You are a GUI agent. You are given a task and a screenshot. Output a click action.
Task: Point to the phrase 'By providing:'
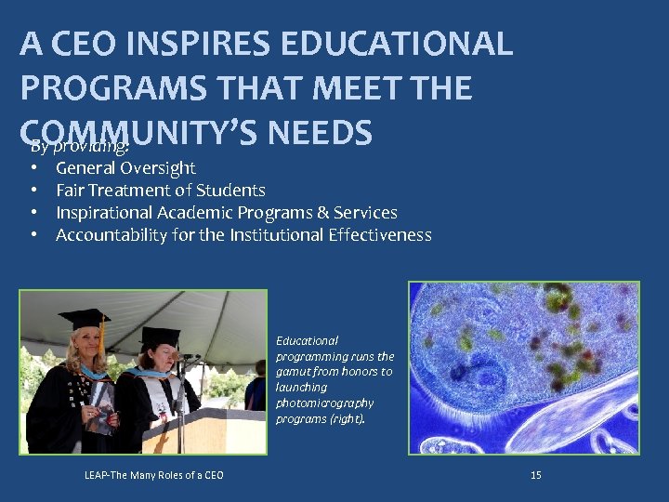click(x=79, y=147)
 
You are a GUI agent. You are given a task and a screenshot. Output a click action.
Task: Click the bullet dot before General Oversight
click(x=33, y=168)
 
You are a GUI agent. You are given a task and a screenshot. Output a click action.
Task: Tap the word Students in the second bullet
click(x=232, y=191)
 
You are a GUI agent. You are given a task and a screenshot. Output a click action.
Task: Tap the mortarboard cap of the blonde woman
click(x=84, y=319)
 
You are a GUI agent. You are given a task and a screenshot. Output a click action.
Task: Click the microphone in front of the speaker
click(x=190, y=357)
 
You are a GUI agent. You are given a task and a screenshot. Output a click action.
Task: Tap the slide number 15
click(x=535, y=475)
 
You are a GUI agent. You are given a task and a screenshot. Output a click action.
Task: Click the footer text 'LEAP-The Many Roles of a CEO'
click(x=153, y=475)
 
